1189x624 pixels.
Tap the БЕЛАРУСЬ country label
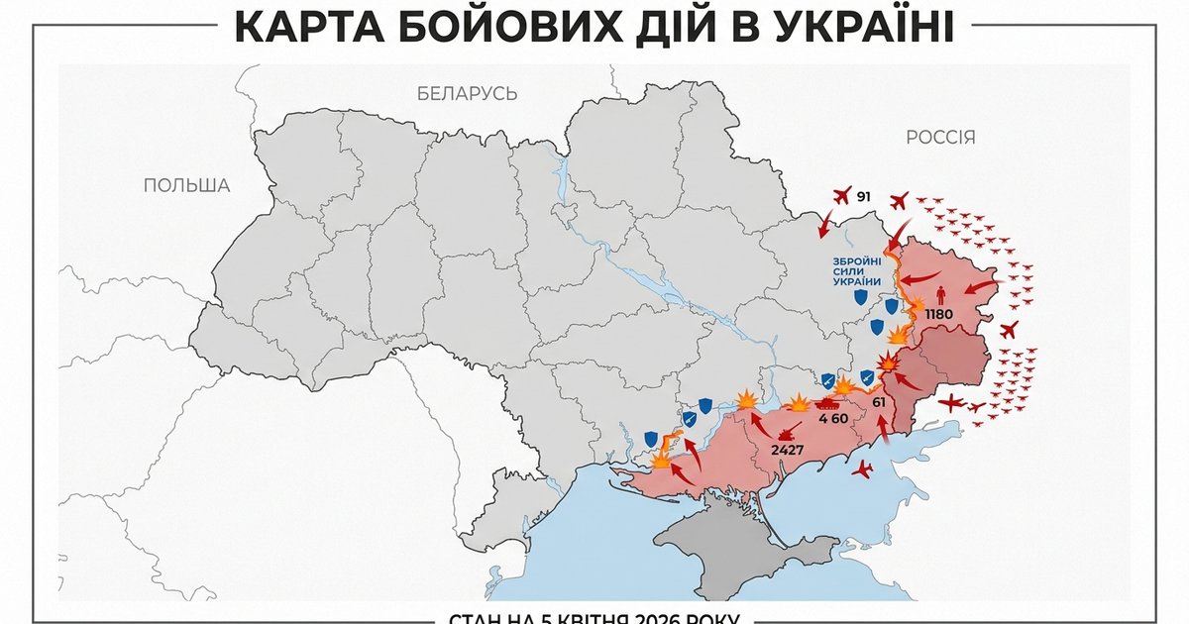click(x=467, y=94)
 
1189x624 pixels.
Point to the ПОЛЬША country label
click(x=186, y=185)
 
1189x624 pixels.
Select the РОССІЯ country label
click(x=940, y=138)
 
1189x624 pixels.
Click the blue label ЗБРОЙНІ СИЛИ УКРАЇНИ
click(x=857, y=270)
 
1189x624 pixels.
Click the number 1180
click(x=938, y=315)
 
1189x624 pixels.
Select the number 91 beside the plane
click(x=863, y=198)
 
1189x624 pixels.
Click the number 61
click(x=879, y=402)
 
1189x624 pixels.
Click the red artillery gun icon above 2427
click(x=790, y=432)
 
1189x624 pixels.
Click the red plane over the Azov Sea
click(x=863, y=468)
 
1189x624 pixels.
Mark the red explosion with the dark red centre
click(x=890, y=364)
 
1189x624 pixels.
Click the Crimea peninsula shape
click(x=723, y=550)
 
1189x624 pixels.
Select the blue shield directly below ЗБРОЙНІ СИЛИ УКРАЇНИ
click(x=861, y=296)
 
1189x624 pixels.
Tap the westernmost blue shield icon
click(x=651, y=438)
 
